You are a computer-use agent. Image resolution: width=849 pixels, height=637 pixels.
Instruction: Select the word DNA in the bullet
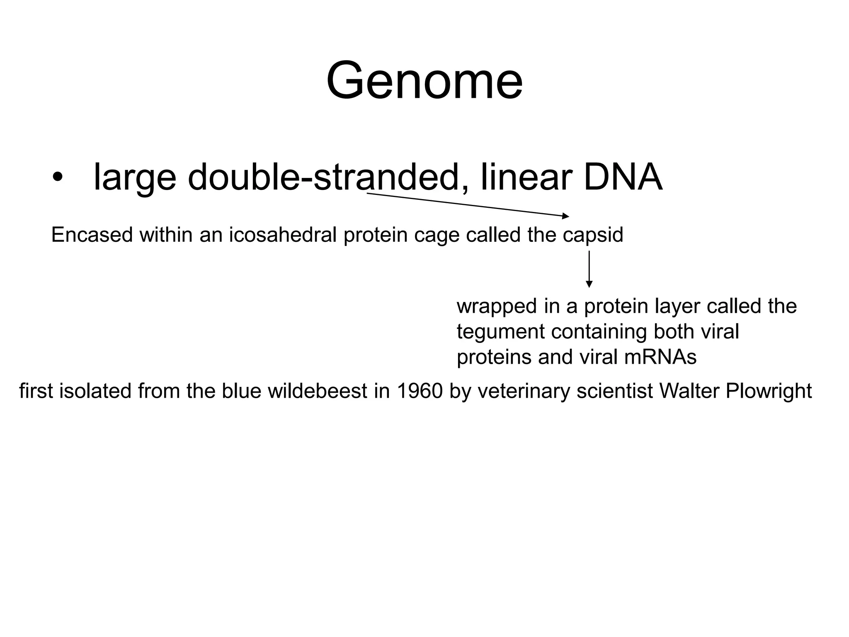pyautogui.click(x=623, y=177)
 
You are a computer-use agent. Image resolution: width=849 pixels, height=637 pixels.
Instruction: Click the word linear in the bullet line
pyautogui.click(x=526, y=177)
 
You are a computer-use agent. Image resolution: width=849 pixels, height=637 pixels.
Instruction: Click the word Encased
pyautogui.click(x=92, y=235)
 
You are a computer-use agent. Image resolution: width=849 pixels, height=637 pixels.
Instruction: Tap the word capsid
pyautogui.click(x=593, y=235)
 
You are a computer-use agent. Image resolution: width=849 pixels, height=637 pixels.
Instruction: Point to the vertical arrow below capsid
pyautogui.click(x=589, y=269)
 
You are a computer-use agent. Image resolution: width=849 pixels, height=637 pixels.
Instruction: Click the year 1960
pyautogui.click(x=420, y=391)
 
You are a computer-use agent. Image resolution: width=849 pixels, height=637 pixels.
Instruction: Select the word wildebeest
pyautogui.click(x=318, y=391)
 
